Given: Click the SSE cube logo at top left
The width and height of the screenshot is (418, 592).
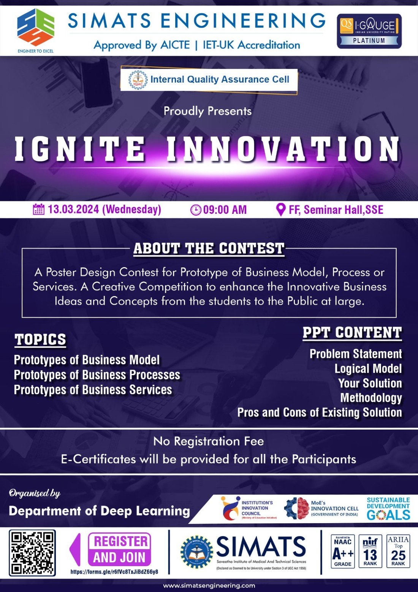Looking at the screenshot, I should [36, 27].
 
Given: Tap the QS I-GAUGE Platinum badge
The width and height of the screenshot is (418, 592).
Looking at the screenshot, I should [369, 31].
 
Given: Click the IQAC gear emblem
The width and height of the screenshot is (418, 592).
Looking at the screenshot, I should [138, 80].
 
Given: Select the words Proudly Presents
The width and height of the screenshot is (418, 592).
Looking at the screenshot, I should [207, 111].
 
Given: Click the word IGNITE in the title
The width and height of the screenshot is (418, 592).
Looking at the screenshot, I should [80, 149].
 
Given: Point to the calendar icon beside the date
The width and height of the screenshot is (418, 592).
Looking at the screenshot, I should [38, 210].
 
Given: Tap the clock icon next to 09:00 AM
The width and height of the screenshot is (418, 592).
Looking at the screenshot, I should [195, 210].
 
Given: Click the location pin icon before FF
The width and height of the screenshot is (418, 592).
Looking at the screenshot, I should [280, 210].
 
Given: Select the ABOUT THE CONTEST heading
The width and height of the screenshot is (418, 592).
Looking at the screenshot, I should [209, 249].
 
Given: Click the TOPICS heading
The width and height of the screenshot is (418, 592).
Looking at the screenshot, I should [40, 340].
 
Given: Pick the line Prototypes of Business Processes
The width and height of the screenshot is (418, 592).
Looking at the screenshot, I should [97, 375].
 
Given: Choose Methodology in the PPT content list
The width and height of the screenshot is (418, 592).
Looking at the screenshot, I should [371, 398].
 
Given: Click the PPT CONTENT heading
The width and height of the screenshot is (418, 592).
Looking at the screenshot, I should [352, 333].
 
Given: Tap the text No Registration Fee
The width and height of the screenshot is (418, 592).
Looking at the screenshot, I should [208, 441].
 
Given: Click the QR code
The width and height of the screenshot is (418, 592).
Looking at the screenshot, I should [32, 553].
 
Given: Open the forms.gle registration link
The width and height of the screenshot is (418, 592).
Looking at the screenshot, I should [114, 571].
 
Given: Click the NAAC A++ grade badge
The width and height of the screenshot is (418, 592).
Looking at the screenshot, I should [342, 551].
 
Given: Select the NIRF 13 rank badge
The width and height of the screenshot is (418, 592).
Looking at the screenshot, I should [370, 551].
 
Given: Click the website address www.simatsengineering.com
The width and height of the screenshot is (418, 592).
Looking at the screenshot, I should [209, 586].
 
